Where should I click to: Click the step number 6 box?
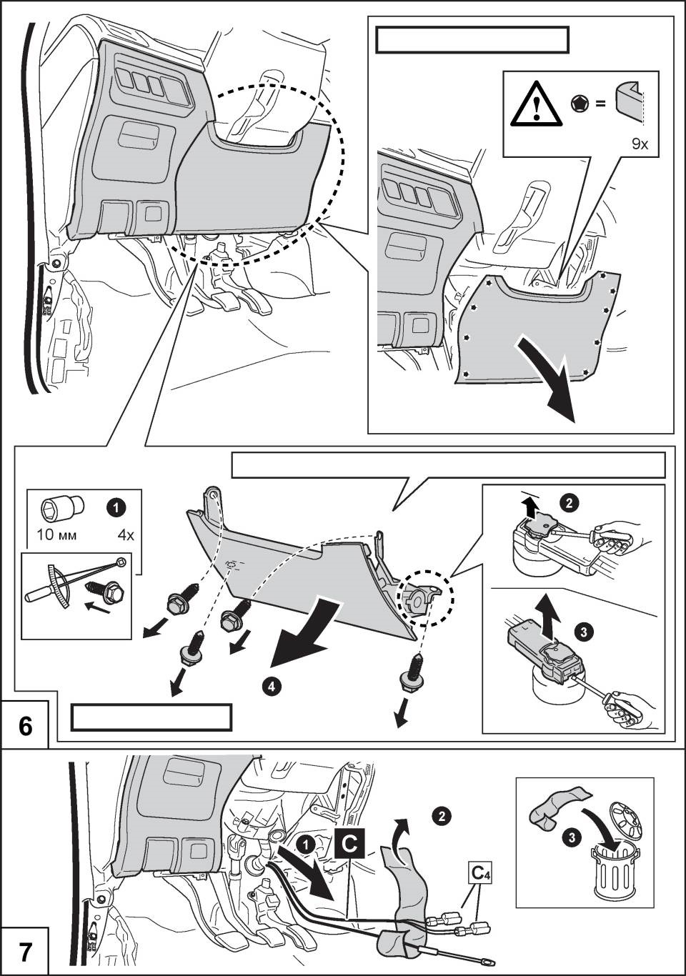pyautogui.click(x=26, y=726)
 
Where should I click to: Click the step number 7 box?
pyautogui.click(x=26, y=952)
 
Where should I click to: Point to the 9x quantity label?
pyautogui.click(x=640, y=144)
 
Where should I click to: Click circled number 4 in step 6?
pyautogui.click(x=269, y=687)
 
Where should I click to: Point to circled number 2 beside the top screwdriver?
pyautogui.click(x=569, y=504)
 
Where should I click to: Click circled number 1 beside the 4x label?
pyautogui.click(x=114, y=507)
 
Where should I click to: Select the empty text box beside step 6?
pyautogui.click(x=151, y=717)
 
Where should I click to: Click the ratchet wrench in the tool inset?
pyautogui.click(x=79, y=577)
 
